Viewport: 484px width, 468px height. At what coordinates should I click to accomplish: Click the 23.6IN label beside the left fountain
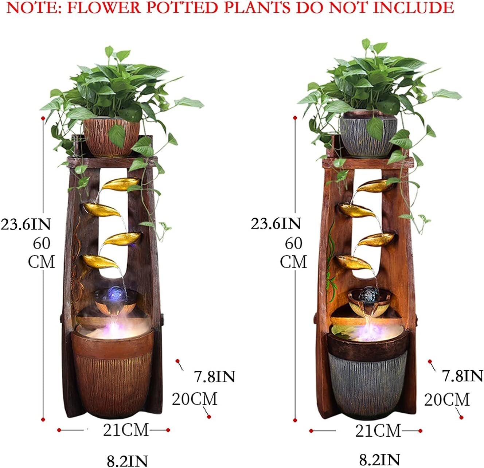click(x=26, y=224)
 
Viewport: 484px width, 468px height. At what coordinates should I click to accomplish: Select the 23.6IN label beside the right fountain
click(x=276, y=223)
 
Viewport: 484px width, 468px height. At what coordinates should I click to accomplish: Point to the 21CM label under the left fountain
click(x=126, y=429)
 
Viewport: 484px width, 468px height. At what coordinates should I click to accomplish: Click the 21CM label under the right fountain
click(x=378, y=430)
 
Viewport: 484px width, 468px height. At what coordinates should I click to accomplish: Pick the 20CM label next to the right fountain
click(x=447, y=399)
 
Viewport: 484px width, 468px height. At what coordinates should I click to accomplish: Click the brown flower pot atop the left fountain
click(x=112, y=137)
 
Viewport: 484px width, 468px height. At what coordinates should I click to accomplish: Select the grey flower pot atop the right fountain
click(x=368, y=135)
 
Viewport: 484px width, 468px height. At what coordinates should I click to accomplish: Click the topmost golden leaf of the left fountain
click(x=121, y=184)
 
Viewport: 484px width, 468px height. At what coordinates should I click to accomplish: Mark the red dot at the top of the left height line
click(x=43, y=118)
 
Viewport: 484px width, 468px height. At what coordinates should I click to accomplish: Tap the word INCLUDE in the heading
click(x=413, y=8)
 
